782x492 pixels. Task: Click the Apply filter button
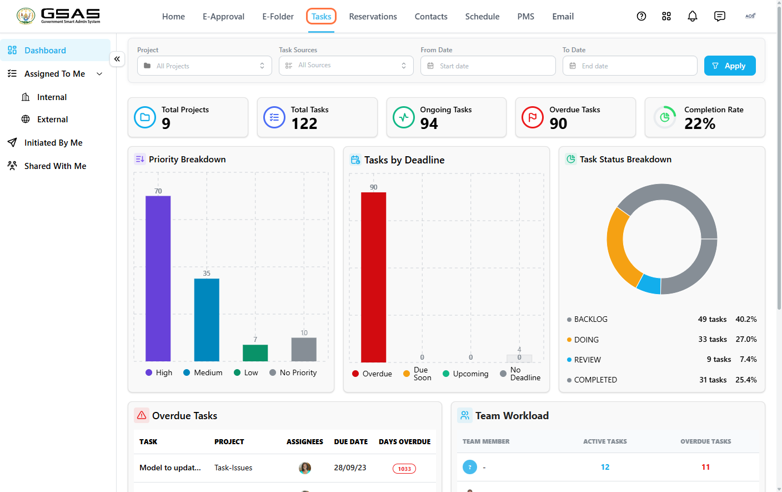click(730, 66)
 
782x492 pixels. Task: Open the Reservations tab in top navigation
click(373, 17)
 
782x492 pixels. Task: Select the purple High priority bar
click(158, 279)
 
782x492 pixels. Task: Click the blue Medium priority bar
click(207, 320)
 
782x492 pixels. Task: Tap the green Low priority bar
click(255, 353)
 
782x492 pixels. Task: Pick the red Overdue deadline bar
click(374, 277)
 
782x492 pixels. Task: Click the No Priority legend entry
click(293, 372)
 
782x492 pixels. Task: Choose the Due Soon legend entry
click(417, 374)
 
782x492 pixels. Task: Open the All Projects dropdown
click(204, 66)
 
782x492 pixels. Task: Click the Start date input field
click(488, 66)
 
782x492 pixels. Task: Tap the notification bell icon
click(692, 16)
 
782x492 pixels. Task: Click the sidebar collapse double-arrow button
click(117, 59)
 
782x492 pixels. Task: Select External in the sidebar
click(52, 119)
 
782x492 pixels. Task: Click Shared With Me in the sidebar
click(55, 166)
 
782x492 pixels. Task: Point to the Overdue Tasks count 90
click(558, 123)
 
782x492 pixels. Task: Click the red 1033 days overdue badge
click(404, 469)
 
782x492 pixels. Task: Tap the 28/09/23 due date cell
click(350, 468)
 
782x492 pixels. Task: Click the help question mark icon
click(641, 16)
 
